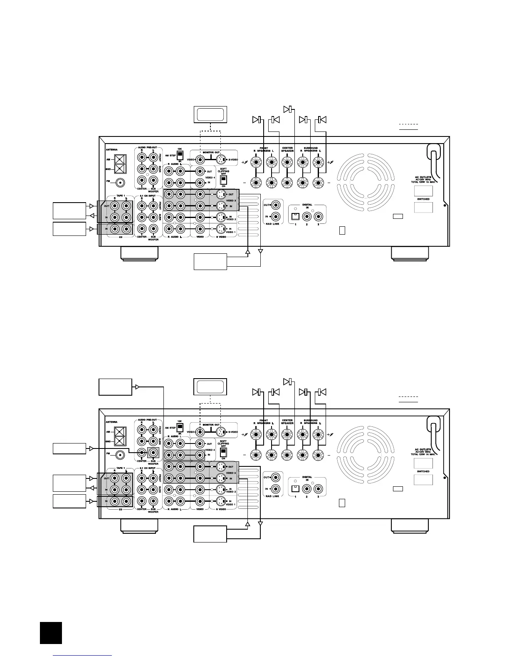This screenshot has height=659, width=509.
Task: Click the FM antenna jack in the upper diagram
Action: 121,182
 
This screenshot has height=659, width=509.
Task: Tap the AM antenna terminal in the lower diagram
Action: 120,431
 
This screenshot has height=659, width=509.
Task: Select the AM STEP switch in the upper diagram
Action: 180,156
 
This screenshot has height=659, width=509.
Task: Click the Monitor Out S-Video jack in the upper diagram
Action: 221,159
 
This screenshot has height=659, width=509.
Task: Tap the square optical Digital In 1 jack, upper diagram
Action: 296,216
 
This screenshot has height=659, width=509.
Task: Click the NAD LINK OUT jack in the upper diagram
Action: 275,205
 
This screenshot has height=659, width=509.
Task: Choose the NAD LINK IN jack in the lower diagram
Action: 275,489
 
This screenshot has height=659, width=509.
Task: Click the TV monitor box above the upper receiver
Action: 210,114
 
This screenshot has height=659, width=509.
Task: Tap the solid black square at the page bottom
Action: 51,633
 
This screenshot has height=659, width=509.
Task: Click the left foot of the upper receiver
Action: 139,253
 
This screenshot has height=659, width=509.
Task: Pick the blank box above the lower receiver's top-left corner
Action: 115,387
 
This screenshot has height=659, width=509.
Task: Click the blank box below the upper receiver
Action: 210,261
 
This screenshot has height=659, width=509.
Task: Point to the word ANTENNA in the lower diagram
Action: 111,422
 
